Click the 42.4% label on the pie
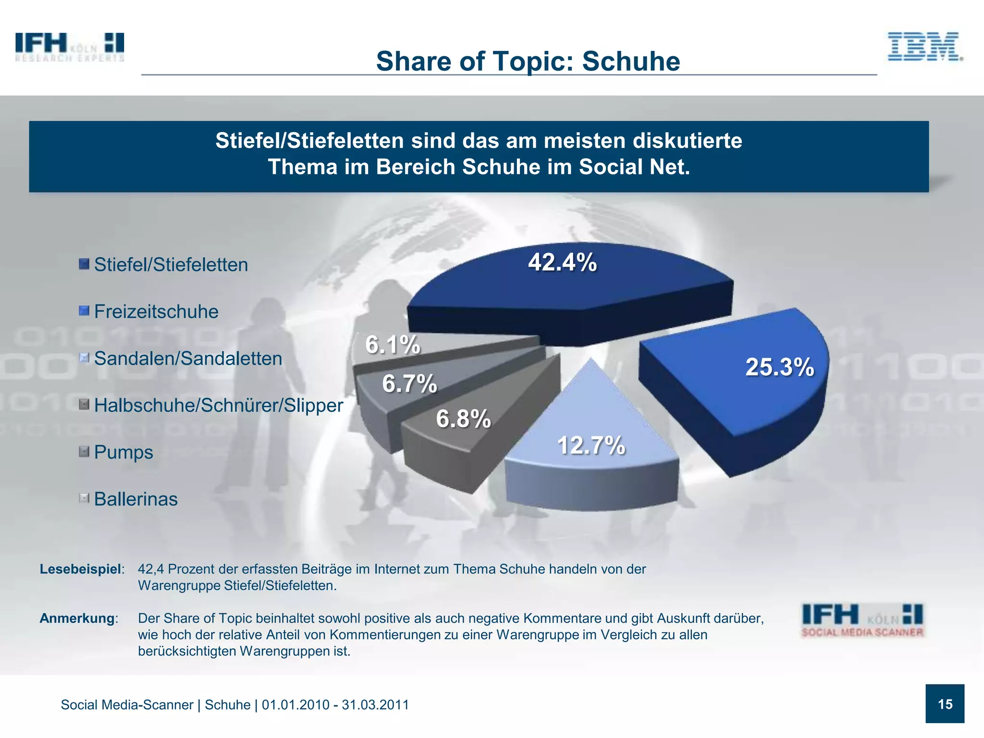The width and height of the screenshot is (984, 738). [562, 262]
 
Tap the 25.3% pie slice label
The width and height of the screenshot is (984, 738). [779, 367]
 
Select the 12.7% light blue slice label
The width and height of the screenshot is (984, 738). [591, 445]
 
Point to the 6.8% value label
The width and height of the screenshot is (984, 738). [463, 418]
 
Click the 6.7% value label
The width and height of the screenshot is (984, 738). [409, 384]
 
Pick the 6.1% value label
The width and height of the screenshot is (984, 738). [393, 344]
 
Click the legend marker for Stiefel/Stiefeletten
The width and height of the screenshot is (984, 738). [84, 264]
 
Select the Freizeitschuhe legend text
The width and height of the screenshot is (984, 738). [156, 311]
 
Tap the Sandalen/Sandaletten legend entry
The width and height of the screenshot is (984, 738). [188, 358]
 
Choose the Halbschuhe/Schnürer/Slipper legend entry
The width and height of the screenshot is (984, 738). [219, 405]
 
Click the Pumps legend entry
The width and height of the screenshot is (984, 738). [123, 452]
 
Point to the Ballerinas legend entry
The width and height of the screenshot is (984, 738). [135, 499]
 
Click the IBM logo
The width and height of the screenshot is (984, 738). [924, 47]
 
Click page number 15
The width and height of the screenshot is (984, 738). [945, 704]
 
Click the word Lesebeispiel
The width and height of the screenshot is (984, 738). [80, 569]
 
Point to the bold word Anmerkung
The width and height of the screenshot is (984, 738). [77, 618]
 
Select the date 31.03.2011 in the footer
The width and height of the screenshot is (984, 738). [375, 705]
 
